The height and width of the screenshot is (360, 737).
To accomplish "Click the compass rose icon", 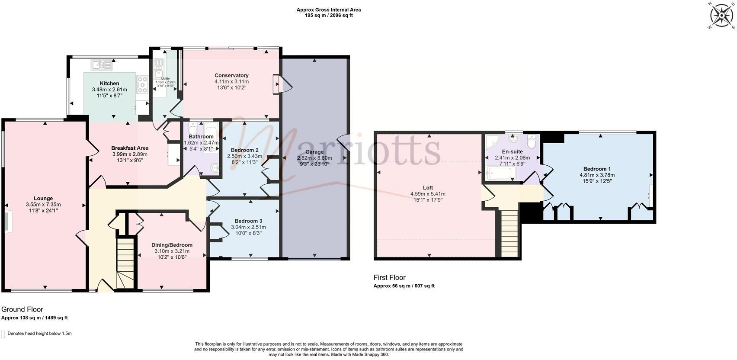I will coord(721,16).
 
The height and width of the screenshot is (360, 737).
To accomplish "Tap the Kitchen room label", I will coord(109,84).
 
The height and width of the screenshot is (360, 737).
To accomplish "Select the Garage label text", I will coord(314,152).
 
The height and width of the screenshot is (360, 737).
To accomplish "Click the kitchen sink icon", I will coord(101,65).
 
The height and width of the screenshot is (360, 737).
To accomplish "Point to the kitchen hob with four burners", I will coord(142,84).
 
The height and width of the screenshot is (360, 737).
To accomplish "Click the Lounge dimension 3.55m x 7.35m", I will coord(43,205).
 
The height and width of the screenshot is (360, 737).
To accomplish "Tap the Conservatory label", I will coord(231,75).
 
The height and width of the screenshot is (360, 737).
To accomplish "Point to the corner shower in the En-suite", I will coord(491,141).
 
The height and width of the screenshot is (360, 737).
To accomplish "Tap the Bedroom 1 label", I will coord(597,169).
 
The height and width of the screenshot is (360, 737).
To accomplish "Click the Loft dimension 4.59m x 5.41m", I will coord(428,194).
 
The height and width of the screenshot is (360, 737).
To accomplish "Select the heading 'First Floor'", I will coord(389,277).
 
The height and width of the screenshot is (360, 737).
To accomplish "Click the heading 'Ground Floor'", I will coord(22,309).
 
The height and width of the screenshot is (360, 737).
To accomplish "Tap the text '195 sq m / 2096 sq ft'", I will coord(328,16).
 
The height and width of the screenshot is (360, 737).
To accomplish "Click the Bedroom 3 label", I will coord(248,221).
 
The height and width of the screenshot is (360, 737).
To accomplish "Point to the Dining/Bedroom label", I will coord(172,245).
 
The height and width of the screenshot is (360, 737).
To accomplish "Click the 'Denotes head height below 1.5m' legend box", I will coord(3,334).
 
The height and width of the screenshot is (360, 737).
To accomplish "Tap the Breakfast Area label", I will coord(130,148).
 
